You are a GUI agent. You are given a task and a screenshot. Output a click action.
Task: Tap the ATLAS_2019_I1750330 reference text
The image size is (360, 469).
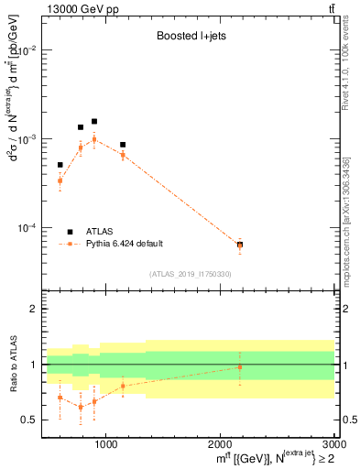(191, 274)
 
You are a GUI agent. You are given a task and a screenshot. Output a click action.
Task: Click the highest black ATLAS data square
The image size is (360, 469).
(93, 121)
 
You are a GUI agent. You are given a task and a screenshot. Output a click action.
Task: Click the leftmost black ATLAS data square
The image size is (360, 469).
(60, 165)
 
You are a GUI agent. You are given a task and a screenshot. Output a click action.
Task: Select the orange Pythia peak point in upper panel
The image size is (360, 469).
(93, 139)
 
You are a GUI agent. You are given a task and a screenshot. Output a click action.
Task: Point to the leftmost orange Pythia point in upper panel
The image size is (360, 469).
(60, 180)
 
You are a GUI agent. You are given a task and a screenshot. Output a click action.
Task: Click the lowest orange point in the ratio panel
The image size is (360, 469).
(81, 407)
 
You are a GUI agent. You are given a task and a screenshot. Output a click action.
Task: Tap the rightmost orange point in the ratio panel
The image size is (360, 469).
(240, 367)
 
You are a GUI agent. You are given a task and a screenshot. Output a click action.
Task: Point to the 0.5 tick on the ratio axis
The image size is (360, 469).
(30, 420)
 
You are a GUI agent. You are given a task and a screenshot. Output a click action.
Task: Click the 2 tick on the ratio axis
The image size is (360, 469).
(34, 310)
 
